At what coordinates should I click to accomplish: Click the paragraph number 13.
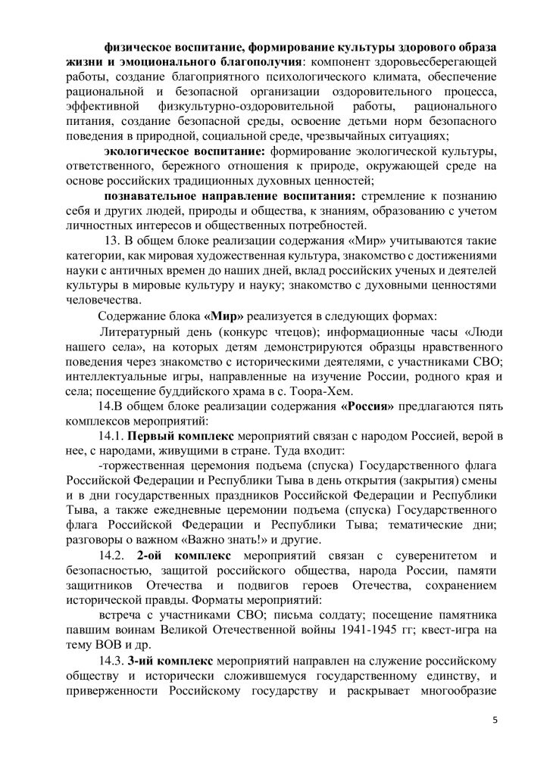113,241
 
